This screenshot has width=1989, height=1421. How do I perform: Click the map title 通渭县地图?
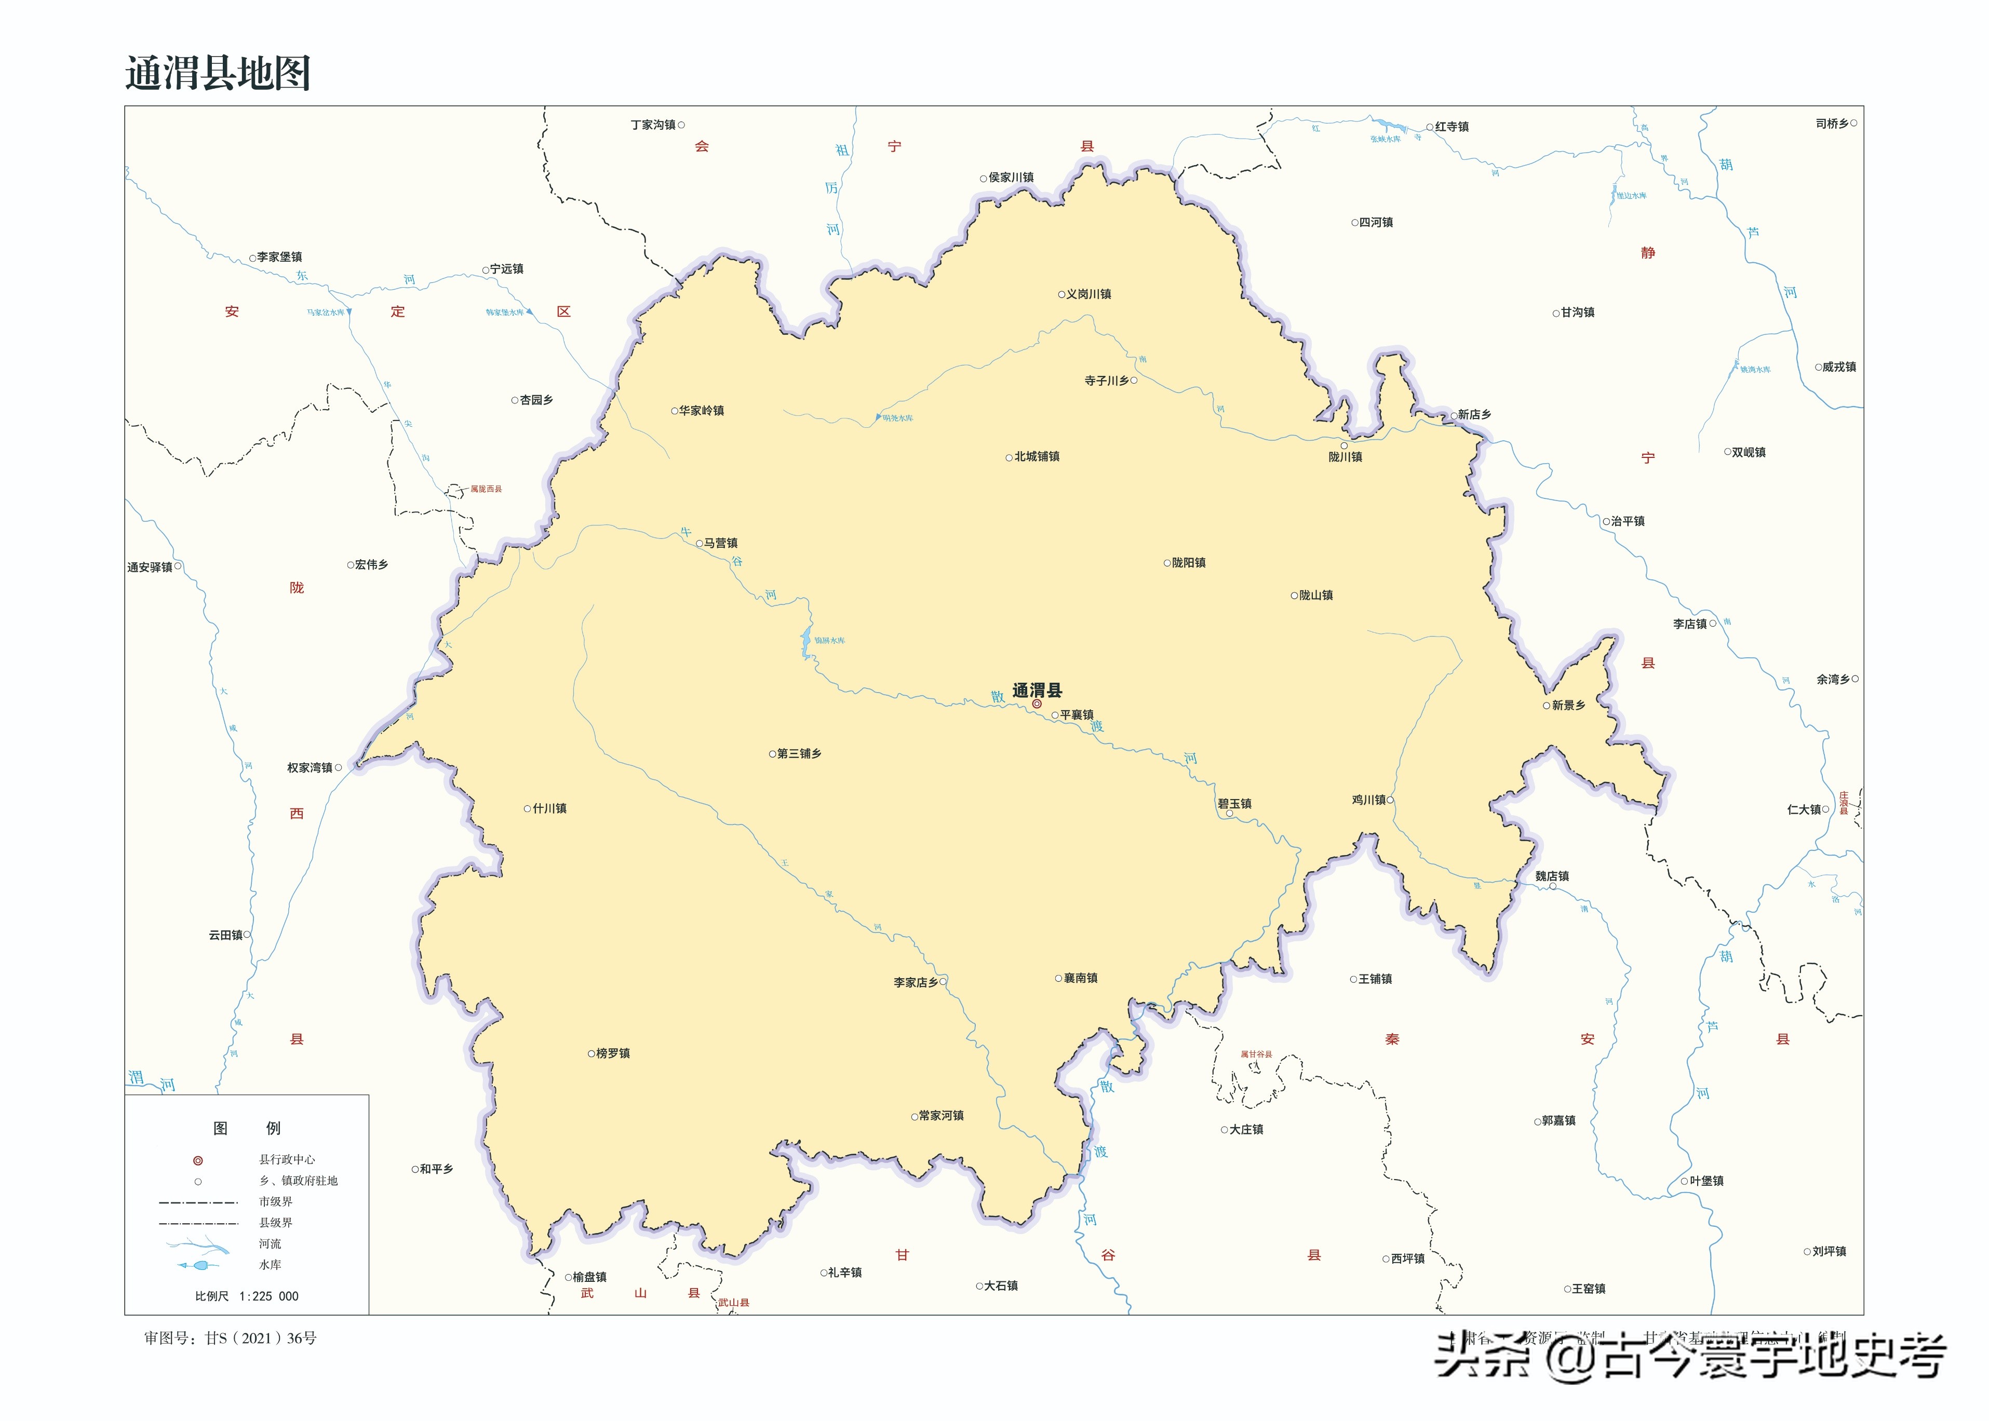tap(218, 73)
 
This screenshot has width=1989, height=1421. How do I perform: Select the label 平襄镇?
tap(1077, 715)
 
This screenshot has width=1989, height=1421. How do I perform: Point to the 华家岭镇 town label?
tap(702, 410)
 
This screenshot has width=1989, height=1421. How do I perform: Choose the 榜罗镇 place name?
tap(612, 1053)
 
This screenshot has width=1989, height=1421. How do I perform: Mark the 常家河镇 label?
tap(940, 1116)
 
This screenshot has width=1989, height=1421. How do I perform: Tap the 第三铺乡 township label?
tap(799, 753)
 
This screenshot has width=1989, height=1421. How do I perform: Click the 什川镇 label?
tap(549, 808)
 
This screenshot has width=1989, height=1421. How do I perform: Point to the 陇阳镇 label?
tap(1188, 563)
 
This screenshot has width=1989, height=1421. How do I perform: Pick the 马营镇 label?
tap(720, 544)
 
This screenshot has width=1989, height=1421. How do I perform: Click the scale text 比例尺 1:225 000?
tap(247, 1296)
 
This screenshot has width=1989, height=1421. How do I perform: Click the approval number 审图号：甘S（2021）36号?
tap(230, 1338)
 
